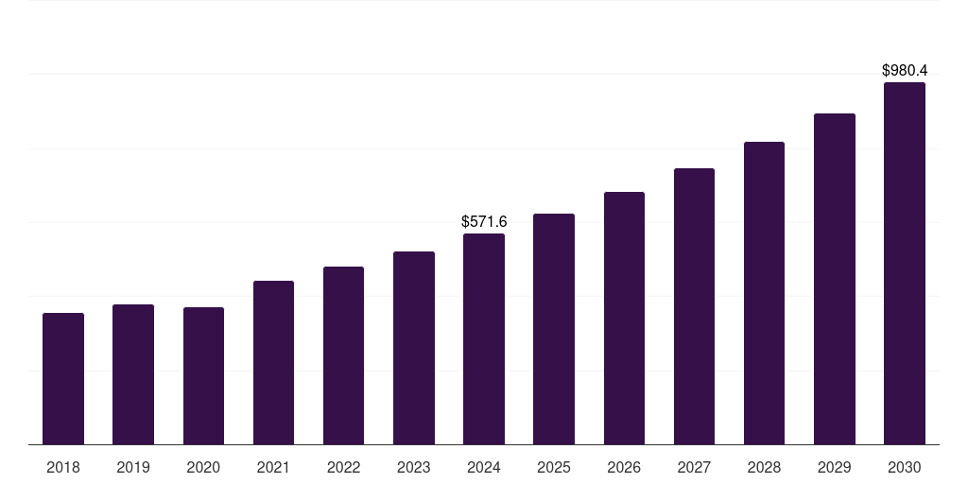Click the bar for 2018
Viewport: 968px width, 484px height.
tap(63, 378)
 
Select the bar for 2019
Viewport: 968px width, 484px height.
tap(133, 374)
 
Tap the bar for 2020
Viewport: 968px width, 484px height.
tap(203, 375)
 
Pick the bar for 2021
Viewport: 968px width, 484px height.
tap(273, 362)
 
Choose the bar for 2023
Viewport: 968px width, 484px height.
tap(414, 348)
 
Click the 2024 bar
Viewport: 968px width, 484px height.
tap(484, 338)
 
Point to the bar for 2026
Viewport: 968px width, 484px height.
tap(624, 318)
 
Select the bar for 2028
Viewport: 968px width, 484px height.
tap(764, 293)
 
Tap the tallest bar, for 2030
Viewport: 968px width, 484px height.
tap(905, 263)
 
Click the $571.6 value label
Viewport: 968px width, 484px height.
tap(484, 221)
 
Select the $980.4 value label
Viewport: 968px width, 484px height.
tap(905, 70)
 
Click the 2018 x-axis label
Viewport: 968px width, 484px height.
tap(63, 467)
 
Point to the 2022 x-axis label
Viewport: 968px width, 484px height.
tap(343, 467)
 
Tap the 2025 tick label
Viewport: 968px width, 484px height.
tap(554, 467)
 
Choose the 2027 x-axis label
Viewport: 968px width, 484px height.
tap(694, 467)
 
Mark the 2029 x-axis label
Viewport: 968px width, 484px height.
tap(834, 467)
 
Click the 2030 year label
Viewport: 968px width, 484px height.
tap(905, 467)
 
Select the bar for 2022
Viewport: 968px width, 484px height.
tap(343, 355)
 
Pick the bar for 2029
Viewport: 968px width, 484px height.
tap(834, 279)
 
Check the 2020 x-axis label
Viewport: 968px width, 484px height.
tap(203, 467)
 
